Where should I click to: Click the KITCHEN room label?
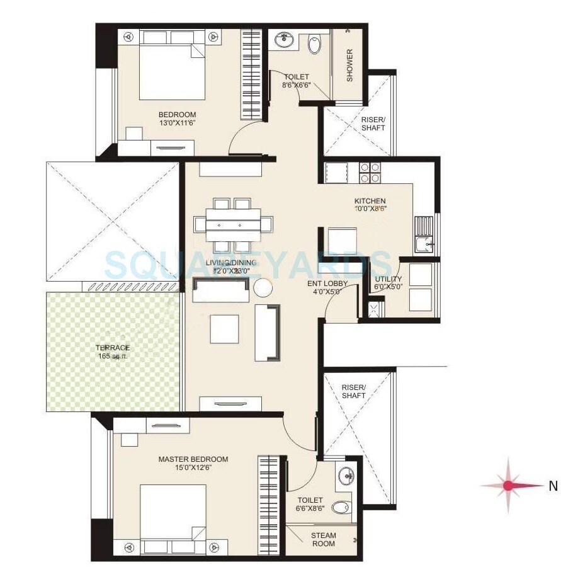pyautogui.click(x=370, y=202)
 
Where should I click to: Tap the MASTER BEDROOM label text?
pyautogui.click(x=193, y=459)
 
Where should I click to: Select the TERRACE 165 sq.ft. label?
pyautogui.click(x=113, y=348)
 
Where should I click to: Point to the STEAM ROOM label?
pyautogui.click(x=323, y=539)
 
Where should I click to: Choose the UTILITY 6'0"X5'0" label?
pyautogui.click(x=388, y=283)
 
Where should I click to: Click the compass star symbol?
pyautogui.click(x=508, y=485)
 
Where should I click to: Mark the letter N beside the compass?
pyautogui.click(x=553, y=486)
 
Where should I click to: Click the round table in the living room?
pyautogui.click(x=263, y=288)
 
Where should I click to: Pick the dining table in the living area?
pyautogui.click(x=234, y=224)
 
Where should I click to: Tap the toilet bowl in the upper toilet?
pyautogui.click(x=315, y=44)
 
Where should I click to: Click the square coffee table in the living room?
pyautogui.click(x=225, y=328)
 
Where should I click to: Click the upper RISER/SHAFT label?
pyautogui.click(x=373, y=123)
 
